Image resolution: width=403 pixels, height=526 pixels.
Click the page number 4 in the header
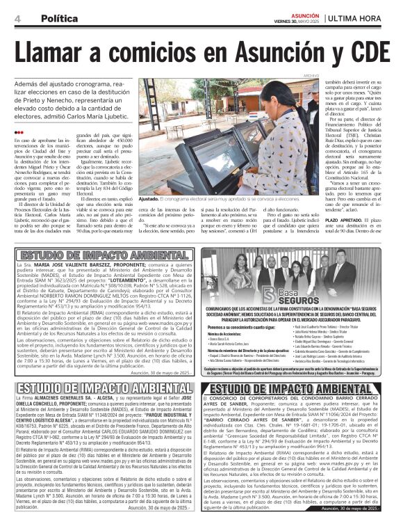click(x=17, y=18)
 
